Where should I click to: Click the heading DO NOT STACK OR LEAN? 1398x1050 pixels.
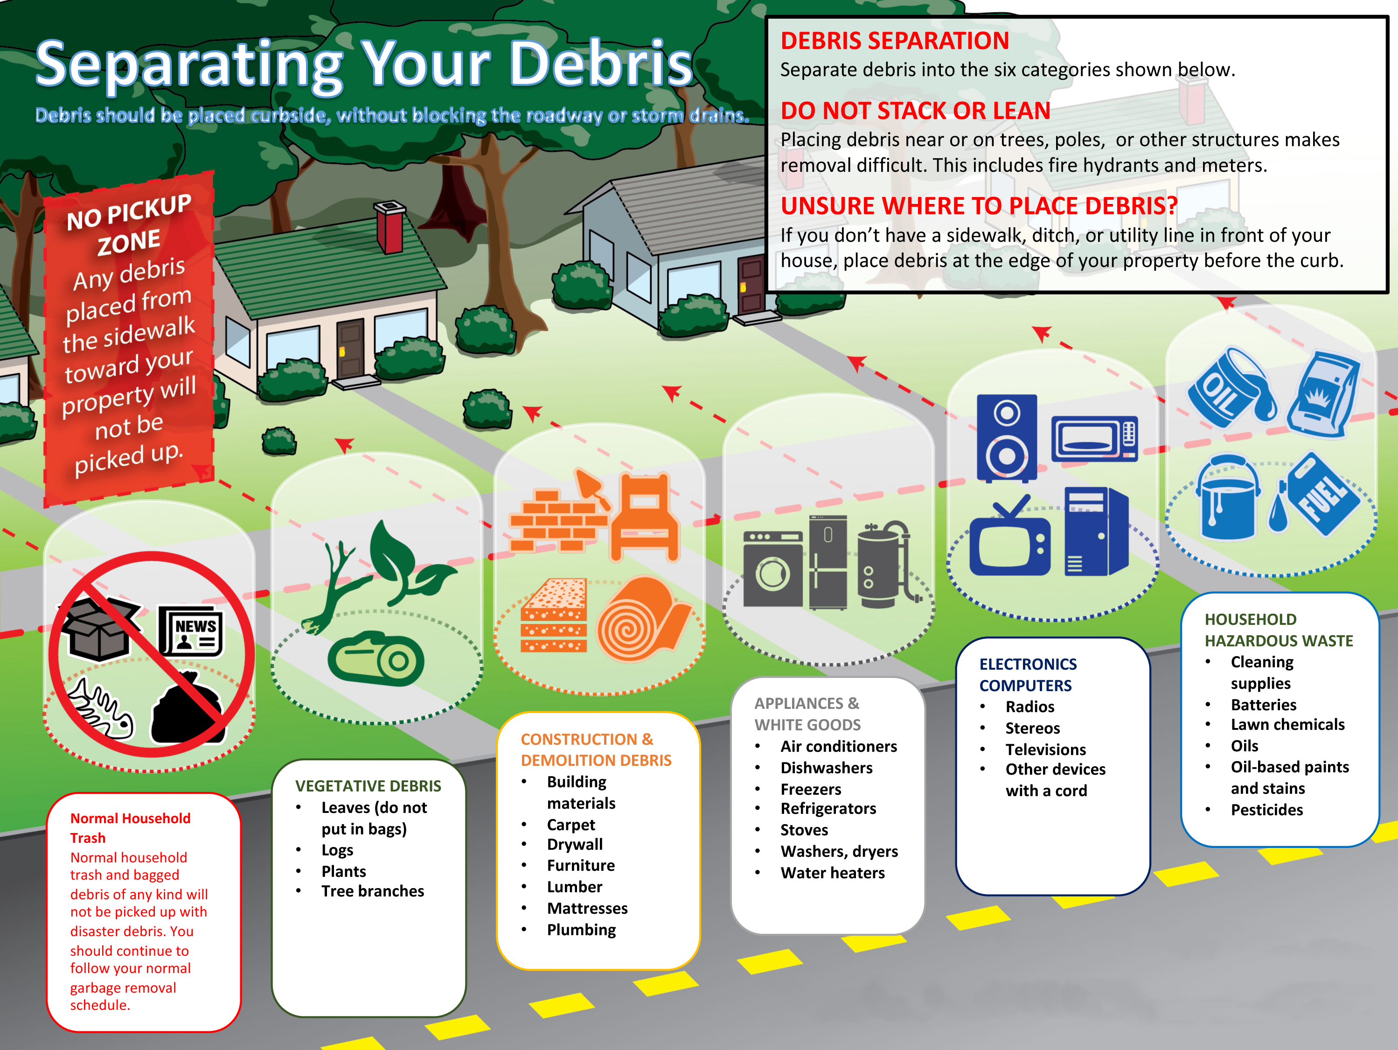(x=915, y=111)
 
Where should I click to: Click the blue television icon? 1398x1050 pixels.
(x=1010, y=537)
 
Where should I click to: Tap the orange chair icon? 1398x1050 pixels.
(x=644, y=517)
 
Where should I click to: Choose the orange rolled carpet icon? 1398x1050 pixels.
(x=643, y=619)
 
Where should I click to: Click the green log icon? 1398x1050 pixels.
(x=376, y=658)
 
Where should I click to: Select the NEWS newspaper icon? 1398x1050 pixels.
(x=190, y=631)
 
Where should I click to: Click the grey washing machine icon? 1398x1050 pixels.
(x=772, y=568)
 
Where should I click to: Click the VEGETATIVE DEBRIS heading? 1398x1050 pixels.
(x=368, y=786)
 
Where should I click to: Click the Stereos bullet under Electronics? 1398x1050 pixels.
(x=1033, y=728)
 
